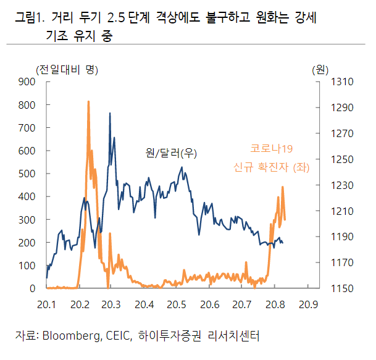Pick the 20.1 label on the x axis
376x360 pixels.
pyautogui.click(x=47, y=304)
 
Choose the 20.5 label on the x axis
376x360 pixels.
pyautogui.click(x=177, y=304)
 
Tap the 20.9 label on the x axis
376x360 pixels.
pyautogui.click(x=307, y=304)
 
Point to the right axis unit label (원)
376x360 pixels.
pyautogui.click(x=320, y=69)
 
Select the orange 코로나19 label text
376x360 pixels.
pyautogui.click(x=271, y=148)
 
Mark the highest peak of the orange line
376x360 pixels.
pyautogui.click(x=88, y=101)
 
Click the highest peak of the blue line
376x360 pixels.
pyautogui.click(x=110, y=114)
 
